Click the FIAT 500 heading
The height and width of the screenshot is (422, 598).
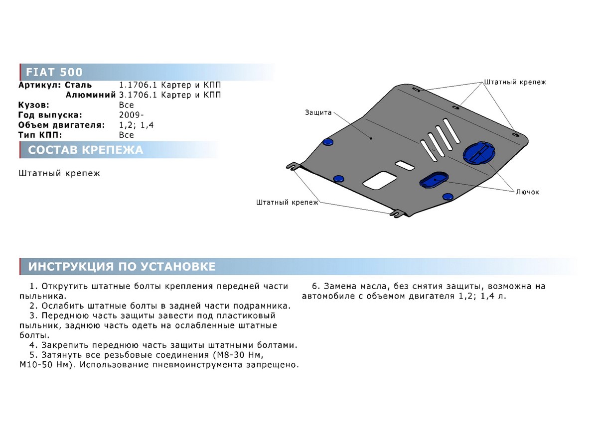(54, 72)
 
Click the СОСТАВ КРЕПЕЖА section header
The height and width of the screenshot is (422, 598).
(86, 150)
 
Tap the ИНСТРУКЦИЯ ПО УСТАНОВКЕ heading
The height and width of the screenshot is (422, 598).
(122, 266)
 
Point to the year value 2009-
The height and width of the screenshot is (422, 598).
(132, 115)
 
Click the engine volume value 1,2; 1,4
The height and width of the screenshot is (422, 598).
(137, 125)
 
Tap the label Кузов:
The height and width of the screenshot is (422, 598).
(34, 105)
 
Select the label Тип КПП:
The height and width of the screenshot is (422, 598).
(40, 135)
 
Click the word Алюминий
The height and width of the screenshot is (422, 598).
(91, 95)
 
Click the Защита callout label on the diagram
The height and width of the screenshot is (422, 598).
(318, 112)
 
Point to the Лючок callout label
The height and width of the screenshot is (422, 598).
(527, 192)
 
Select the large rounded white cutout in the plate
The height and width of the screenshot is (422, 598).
(380, 181)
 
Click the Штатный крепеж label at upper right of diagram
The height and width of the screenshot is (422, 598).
(515, 82)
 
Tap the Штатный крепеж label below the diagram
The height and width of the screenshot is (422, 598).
(287, 203)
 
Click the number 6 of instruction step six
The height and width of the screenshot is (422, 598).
(315, 286)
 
